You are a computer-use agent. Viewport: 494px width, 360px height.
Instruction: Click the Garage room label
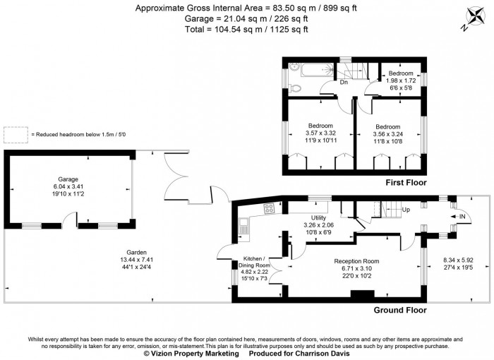(68, 179)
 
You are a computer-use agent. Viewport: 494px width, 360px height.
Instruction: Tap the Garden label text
(116, 251)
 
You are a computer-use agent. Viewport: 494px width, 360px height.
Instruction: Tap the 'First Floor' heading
(407, 183)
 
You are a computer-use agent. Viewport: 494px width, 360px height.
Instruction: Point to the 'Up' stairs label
(405, 210)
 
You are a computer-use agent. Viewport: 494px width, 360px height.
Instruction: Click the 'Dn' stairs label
(344, 83)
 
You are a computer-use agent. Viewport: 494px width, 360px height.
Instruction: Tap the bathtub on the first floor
(308, 70)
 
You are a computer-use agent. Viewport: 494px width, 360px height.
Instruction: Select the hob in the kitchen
(269, 208)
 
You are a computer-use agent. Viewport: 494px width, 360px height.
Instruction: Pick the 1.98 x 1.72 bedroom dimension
(400, 81)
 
